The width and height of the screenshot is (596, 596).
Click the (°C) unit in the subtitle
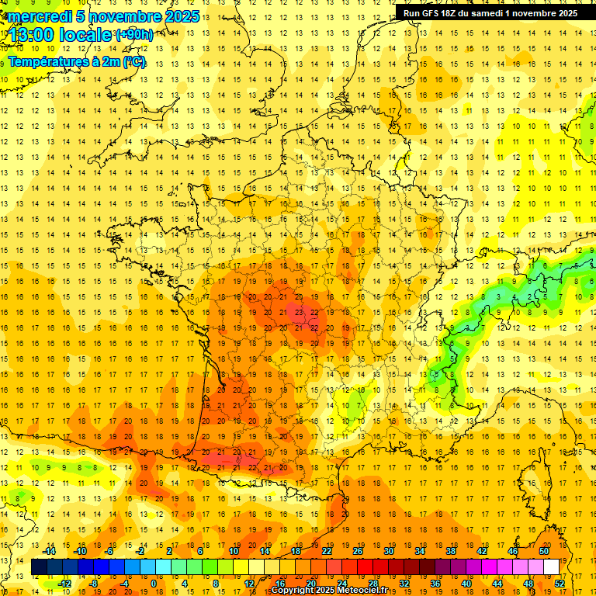tap(134, 61)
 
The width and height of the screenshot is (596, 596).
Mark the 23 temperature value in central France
tap(300, 312)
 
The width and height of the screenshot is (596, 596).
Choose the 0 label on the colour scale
tap(153, 584)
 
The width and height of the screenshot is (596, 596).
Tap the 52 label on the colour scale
tap(560, 584)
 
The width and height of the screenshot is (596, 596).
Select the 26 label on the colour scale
tap(357, 551)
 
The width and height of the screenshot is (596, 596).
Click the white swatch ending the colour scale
tap(551, 567)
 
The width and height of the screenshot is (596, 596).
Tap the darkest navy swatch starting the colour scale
tap(39, 567)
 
